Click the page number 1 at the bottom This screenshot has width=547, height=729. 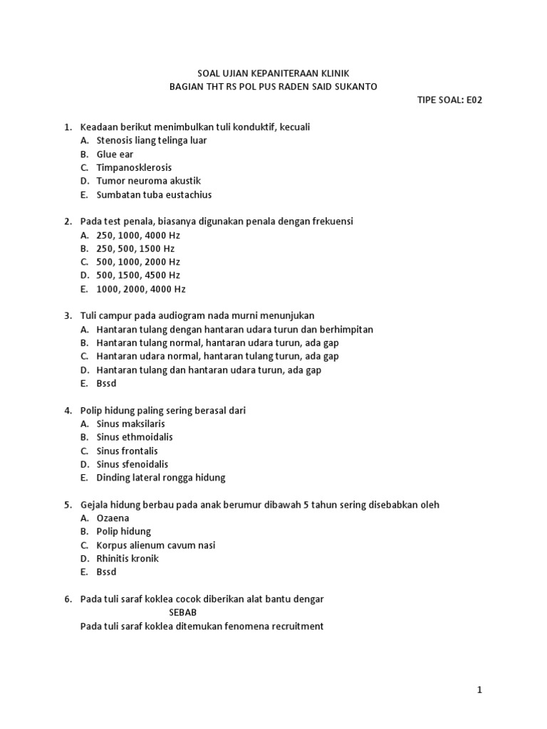(x=480, y=690)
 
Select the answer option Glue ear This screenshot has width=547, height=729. (x=115, y=154)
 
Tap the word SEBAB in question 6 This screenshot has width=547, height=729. (x=183, y=612)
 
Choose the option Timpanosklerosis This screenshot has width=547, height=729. (x=134, y=167)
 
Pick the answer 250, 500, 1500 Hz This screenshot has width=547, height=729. (x=135, y=248)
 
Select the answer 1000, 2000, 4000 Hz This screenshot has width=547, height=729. (x=140, y=289)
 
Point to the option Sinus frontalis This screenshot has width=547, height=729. (x=127, y=451)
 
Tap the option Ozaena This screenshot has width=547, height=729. (x=113, y=518)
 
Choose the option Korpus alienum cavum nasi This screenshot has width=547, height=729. (x=155, y=545)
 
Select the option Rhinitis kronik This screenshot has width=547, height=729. (x=127, y=558)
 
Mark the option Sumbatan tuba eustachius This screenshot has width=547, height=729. (x=154, y=194)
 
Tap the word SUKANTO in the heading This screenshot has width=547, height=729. (x=355, y=86)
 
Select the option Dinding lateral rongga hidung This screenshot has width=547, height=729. (x=160, y=478)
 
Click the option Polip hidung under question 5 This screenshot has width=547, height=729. (x=123, y=531)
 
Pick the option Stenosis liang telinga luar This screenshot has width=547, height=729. (x=152, y=140)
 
